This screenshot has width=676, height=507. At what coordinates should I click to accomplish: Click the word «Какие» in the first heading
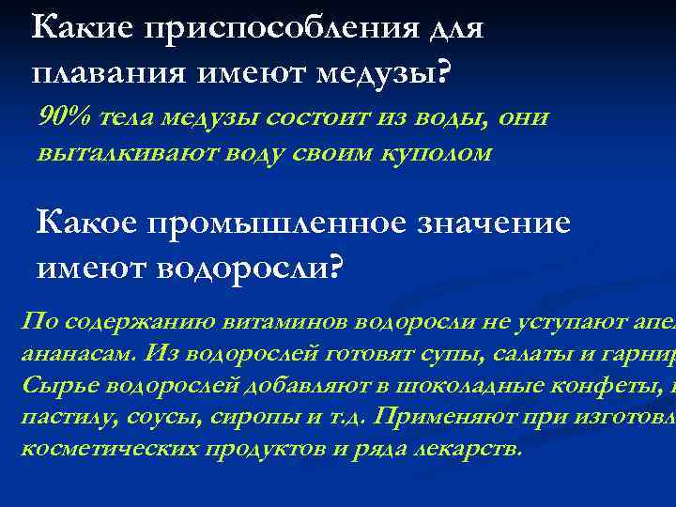coord(80,27)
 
